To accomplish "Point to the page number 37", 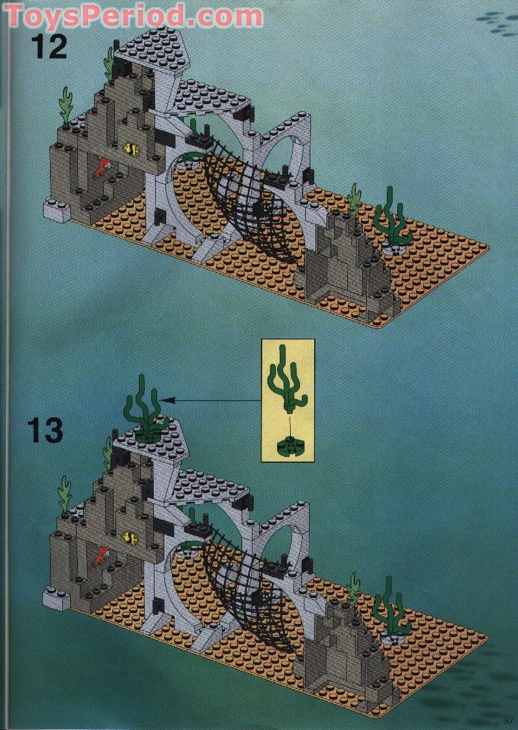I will [x=508, y=720].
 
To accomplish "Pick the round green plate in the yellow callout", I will [x=287, y=447].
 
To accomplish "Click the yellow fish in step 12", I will [x=132, y=149].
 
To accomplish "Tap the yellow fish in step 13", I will [x=130, y=537].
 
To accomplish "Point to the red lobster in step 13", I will [x=101, y=556].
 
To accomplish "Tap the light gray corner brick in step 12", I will [x=56, y=211].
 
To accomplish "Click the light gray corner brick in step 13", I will [x=56, y=598].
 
